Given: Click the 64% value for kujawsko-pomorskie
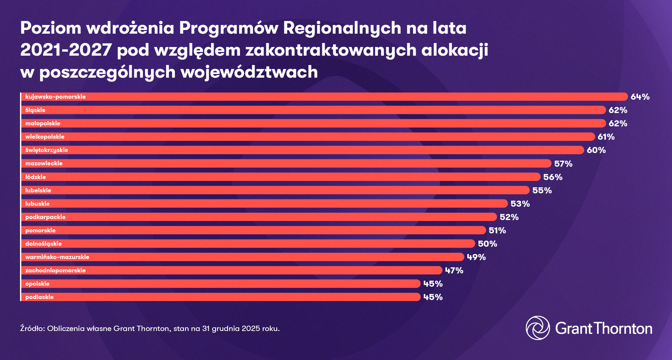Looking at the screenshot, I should click(x=640, y=97).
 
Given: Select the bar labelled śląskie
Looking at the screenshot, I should click(x=313, y=110).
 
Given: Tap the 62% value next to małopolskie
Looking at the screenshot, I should click(x=618, y=123).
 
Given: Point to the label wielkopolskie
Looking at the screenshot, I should click(x=45, y=137).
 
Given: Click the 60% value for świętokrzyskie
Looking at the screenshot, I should click(x=596, y=150).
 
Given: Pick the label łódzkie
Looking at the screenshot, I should click(x=35, y=177).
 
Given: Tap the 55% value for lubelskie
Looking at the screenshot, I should click(x=542, y=190).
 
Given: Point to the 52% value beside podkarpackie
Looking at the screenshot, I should click(x=509, y=217).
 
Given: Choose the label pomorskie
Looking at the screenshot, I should click(x=40, y=230).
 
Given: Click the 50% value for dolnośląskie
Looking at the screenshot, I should click(x=487, y=244).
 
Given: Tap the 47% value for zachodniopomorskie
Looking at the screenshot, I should click(x=454, y=270).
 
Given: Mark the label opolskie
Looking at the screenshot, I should click(x=37, y=284).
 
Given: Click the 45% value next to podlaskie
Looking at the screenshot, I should click(x=433, y=297).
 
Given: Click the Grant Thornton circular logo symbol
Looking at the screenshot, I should click(x=537, y=328).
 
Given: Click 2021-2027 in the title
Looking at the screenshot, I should click(x=66, y=50).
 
